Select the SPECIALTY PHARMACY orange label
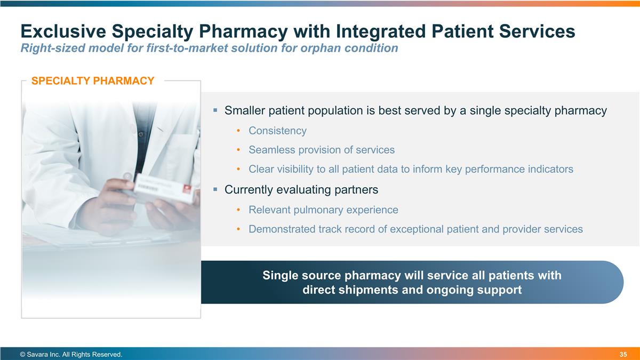93,81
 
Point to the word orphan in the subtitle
325,48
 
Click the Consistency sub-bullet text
277,131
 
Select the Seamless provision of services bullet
321,150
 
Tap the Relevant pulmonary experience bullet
323,210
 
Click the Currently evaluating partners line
301,189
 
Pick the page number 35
623,355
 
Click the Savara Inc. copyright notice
71,355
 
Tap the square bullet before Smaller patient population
215,110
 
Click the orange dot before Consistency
238,131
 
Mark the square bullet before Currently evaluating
215,189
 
